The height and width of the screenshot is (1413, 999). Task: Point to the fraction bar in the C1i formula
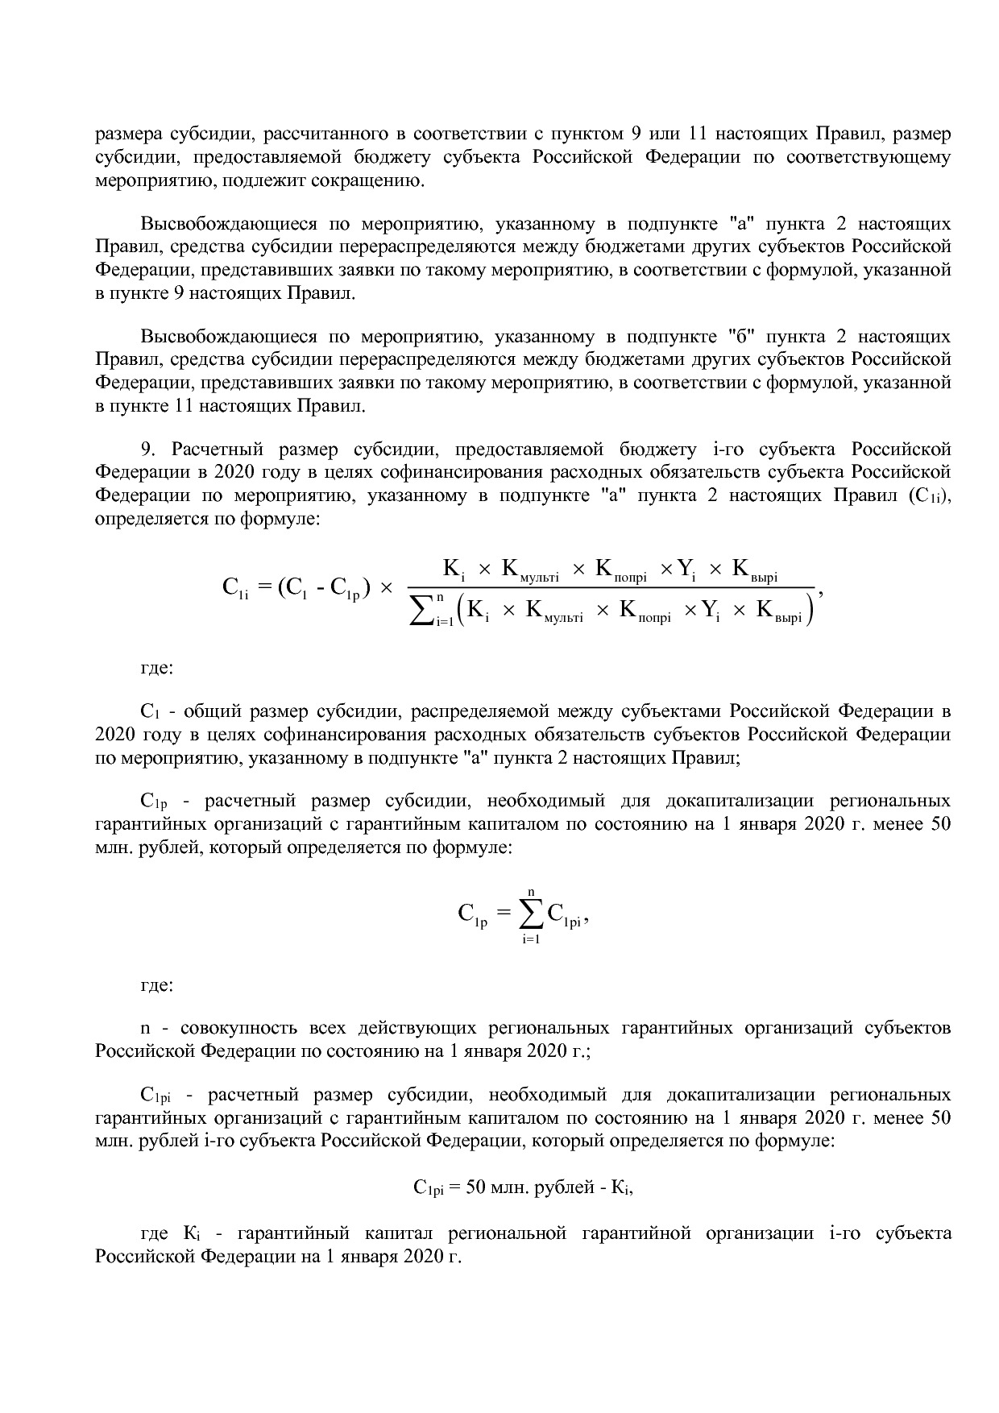[x=612, y=586]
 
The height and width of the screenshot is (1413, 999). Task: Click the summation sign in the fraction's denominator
[x=420, y=609]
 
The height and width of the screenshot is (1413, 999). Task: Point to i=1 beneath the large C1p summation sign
[x=530, y=939]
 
